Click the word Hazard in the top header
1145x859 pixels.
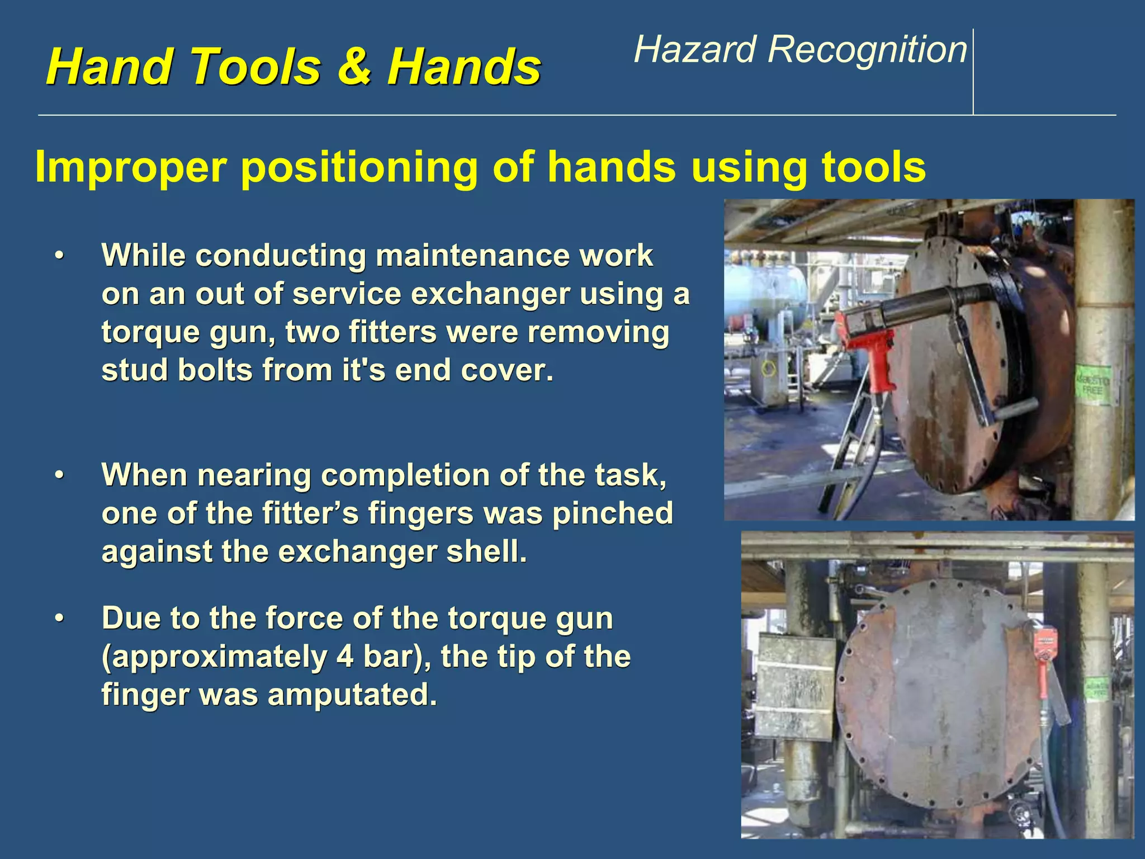coord(695,50)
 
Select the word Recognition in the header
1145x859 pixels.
coord(867,50)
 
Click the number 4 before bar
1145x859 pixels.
coord(345,657)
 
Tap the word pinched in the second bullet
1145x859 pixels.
coord(612,513)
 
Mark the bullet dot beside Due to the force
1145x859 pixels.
coord(59,619)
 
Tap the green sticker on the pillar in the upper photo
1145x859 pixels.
coord(1093,385)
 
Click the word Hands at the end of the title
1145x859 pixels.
coord(464,67)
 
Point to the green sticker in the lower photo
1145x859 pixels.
coord(1096,688)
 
